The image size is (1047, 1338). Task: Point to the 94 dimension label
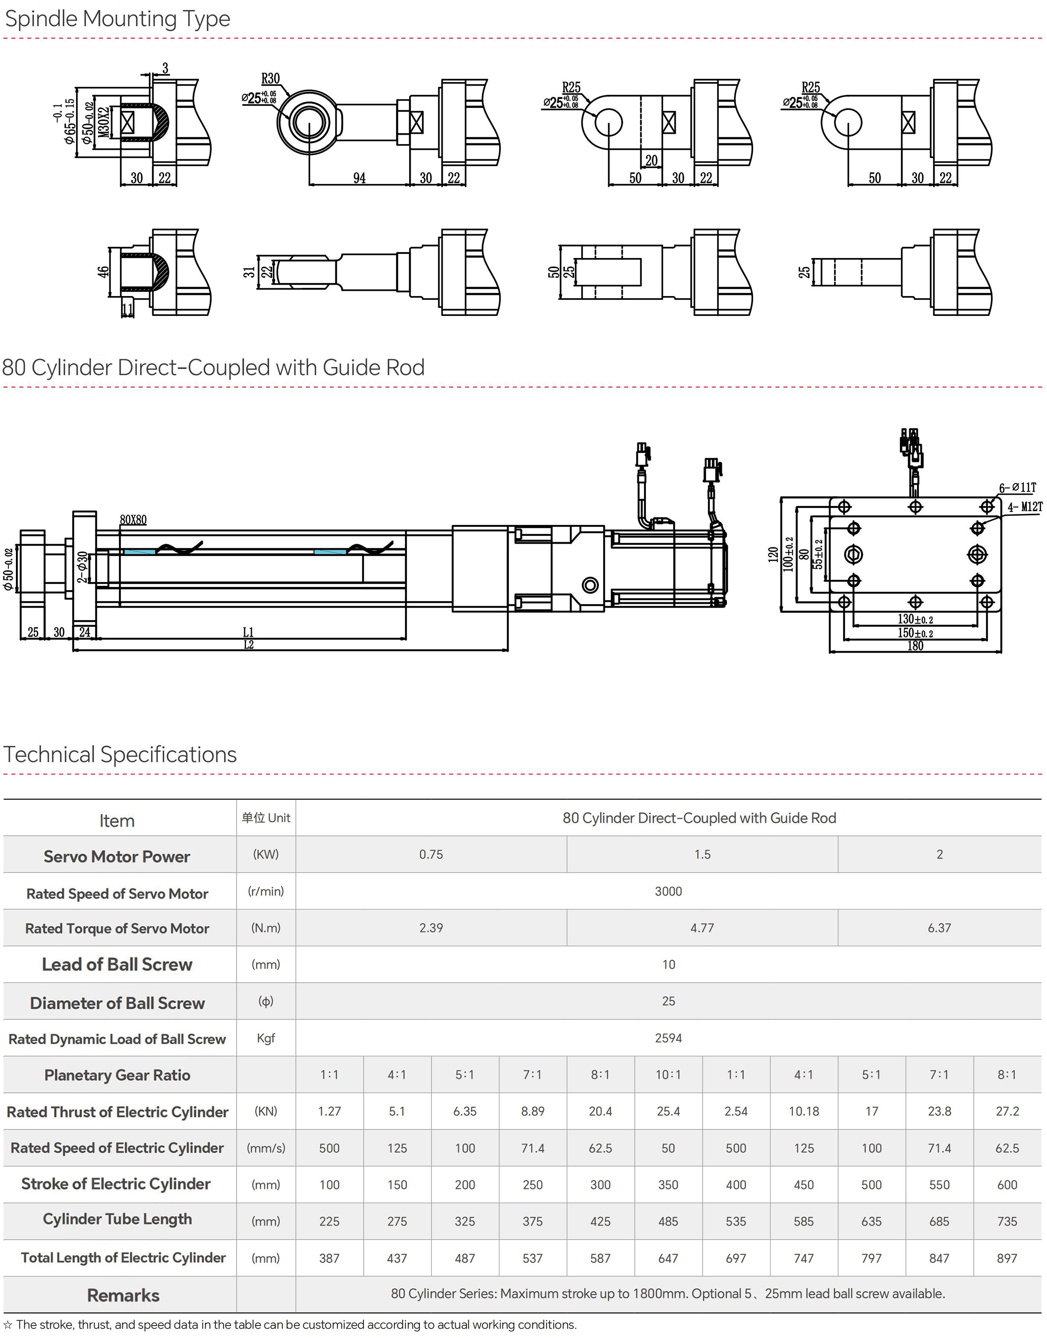[x=359, y=178]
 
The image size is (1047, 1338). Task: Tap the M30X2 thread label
[x=104, y=122]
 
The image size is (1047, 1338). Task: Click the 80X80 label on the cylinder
[x=133, y=520]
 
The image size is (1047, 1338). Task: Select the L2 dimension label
[x=248, y=644]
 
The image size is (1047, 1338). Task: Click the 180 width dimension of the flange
[x=915, y=646]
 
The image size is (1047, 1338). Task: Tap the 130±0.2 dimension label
[x=915, y=619]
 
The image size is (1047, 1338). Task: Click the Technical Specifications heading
[x=120, y=755]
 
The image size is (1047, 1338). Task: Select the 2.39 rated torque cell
[x=431, y=928]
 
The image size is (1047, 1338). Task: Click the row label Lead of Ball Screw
[x=117, y=965]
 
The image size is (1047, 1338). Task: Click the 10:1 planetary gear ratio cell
[x=668, y=1075]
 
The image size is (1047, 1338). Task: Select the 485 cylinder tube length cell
[x=668, y=1222]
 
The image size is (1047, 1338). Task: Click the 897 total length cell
[x=1007, y=1258]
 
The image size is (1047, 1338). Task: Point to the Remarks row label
[x=123, y=1295]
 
